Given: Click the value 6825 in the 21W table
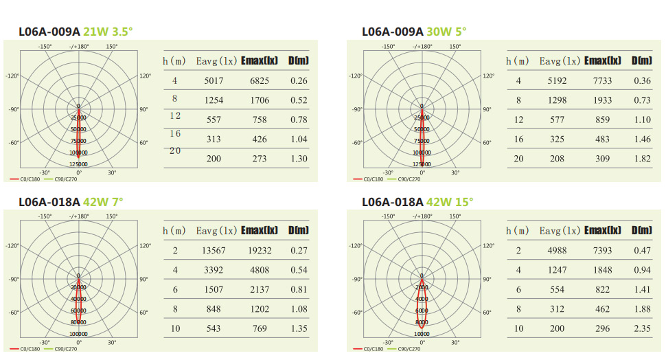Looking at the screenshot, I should click(x=260, y=80).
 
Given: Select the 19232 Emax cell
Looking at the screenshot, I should click(x=259, y=251).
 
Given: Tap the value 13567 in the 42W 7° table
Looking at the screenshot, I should click(x=214, y=251).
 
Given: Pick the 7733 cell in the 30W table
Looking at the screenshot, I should click(x=602, y=80).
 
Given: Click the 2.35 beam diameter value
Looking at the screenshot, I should click(x=642, y=328).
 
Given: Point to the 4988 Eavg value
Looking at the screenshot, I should click(x=557, y=251).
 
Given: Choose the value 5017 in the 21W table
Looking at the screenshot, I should click(x=214, y=80).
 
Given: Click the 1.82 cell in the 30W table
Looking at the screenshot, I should click(x=642, y=159).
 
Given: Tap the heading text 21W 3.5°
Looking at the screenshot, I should click(x=108, y=32).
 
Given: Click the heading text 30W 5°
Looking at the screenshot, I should click(x=446, y=32).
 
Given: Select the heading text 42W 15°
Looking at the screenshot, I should click(x=450, y=202).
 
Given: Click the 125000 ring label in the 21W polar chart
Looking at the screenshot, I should click(x=78, y=164).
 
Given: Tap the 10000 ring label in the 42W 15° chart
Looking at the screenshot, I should click(x=422, y=334).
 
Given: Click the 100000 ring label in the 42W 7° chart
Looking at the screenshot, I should click(x=78, y=334).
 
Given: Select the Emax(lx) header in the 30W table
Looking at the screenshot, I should click(x=603, y=60).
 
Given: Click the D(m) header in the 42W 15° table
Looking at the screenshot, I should click(x=642, y=230).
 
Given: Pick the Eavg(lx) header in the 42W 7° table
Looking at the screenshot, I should click(x=216, y=231).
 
